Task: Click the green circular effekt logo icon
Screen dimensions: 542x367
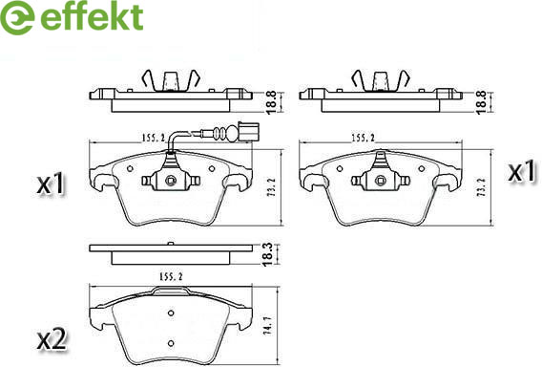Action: [16, 17]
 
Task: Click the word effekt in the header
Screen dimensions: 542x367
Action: [92, 16]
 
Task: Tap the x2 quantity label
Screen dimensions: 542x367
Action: [52, 340]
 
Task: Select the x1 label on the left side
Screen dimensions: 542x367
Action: [51, 183]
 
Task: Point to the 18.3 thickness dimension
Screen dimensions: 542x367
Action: [268, 254]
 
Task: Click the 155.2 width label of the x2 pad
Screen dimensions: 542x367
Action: [171, 276]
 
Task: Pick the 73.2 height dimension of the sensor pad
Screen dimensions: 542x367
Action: [271, 187]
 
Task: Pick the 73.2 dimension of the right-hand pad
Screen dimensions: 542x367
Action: [481, 187]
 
